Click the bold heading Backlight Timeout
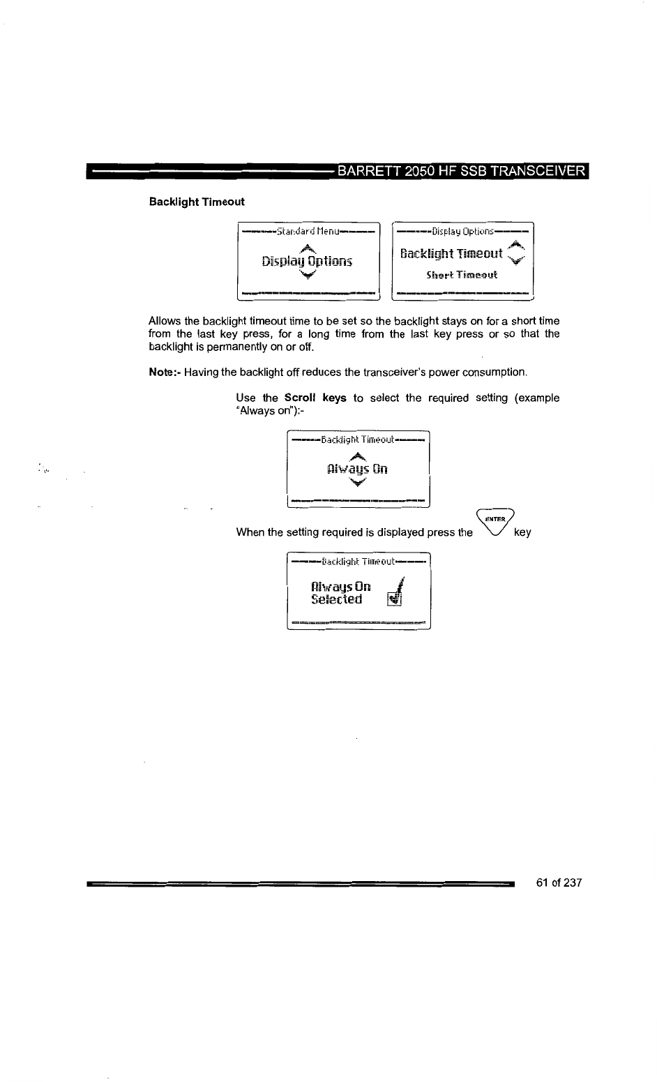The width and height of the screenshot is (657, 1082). [x=197, y=202]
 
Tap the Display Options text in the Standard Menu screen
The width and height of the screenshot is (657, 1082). [x=308, y=262]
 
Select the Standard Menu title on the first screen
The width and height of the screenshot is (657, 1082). [x=308, y=231]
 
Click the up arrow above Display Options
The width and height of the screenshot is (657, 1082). [x=305, y=248]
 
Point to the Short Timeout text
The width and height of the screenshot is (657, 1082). [x=462, y=274]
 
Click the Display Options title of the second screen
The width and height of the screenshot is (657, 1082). [x=462, y=231]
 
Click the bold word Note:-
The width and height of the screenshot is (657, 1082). [x=165, y=372]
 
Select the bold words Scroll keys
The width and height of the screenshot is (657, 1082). [x=315, y=398]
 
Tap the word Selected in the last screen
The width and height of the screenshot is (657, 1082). [x=337, y=599]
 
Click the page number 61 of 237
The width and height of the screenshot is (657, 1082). [x=559, y=883]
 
